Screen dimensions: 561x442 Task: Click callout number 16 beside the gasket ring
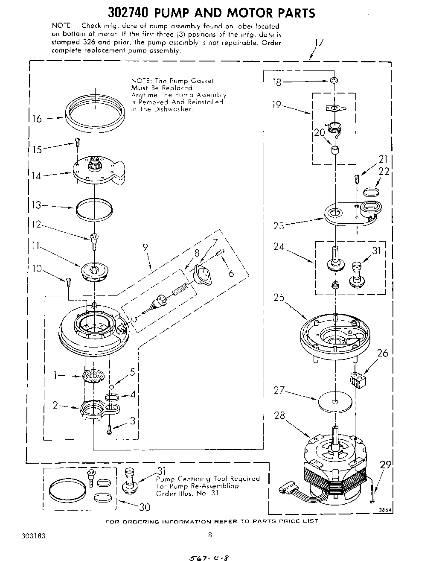37,119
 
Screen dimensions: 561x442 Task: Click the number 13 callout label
37,205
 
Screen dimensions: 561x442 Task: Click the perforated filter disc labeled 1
94,377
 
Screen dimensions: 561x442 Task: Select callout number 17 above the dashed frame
319,43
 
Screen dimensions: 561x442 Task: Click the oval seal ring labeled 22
372,190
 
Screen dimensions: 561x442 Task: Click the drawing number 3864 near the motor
386,509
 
